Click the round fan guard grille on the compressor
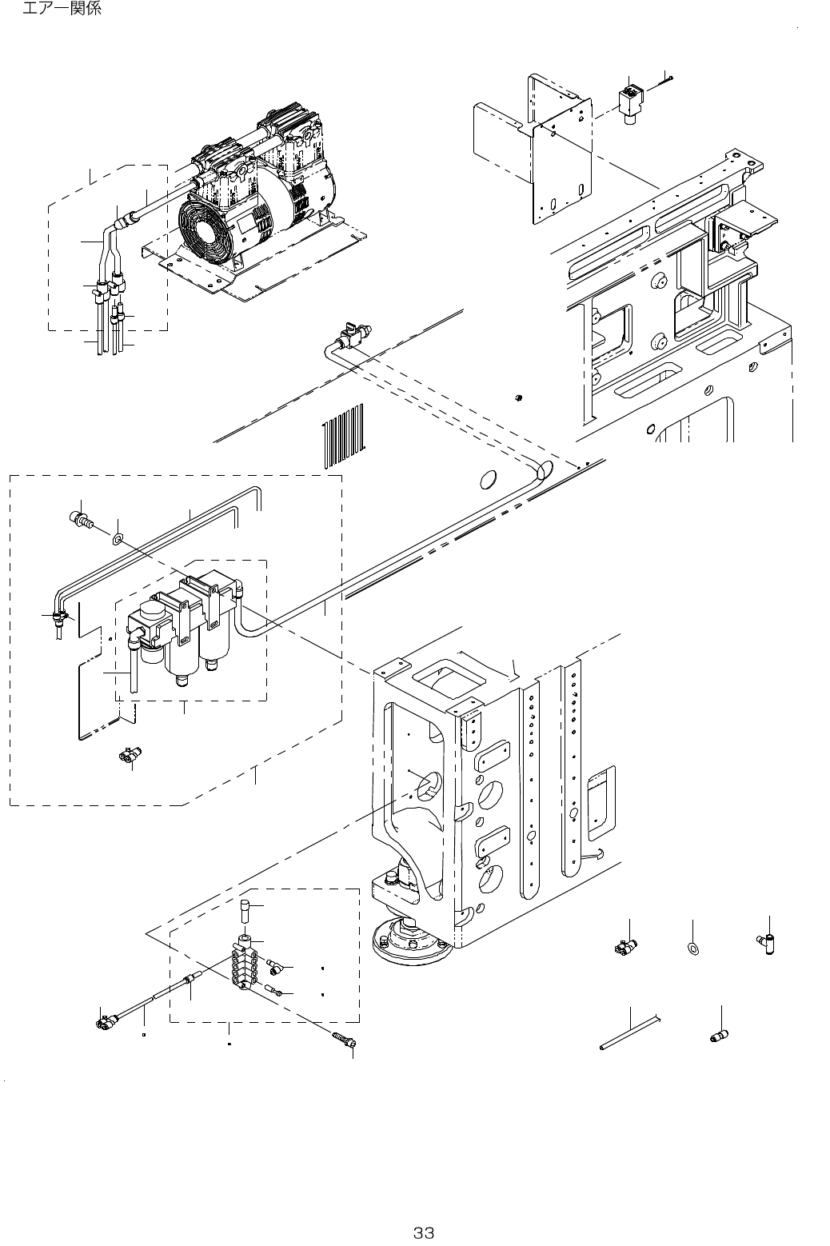pos(205,229)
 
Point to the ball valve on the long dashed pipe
pos(349,337)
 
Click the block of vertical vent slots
pos(342,435)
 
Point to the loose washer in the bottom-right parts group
pos(692,951)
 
